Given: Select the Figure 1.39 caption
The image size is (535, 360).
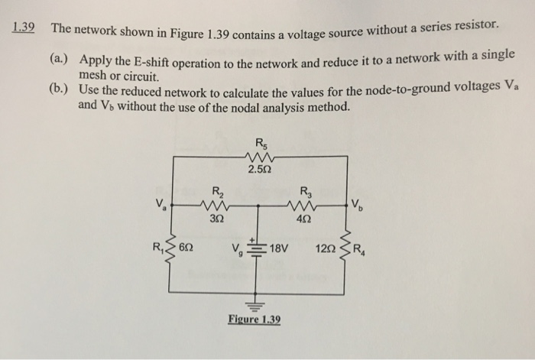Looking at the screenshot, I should (255, 319).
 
